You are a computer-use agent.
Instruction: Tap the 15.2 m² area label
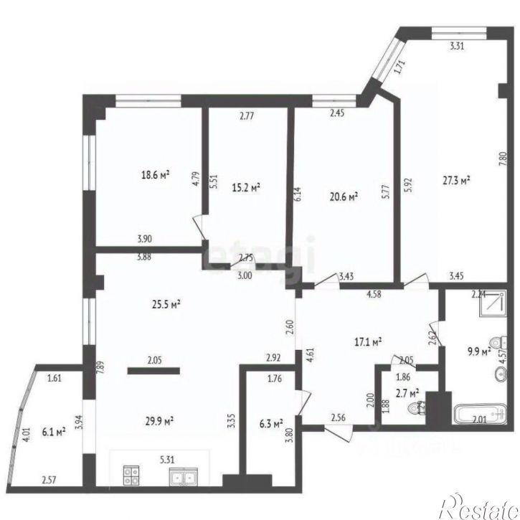coord(246,187)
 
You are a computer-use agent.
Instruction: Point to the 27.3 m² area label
coord(456,181)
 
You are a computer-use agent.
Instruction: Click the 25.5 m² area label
coord(165,303)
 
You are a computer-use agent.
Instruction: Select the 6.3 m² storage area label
coord(270,423)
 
